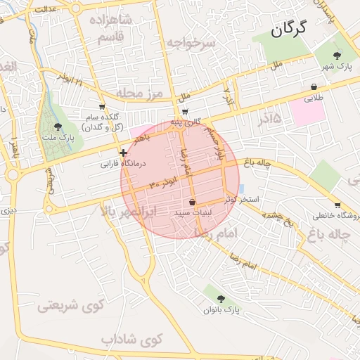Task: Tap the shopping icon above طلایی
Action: coord(314,87)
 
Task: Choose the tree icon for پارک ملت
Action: coord(58,127)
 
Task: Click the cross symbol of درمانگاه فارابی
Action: coord(124,152)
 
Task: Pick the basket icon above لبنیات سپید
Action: coord(192,202)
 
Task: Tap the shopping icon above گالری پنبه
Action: coord(184,111)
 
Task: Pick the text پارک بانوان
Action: coord(222,309)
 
